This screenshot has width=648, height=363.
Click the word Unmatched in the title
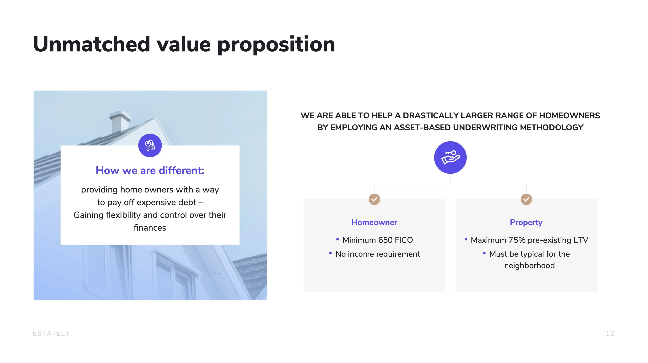[x=92, y=44]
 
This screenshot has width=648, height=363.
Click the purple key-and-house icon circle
[x=150, y=145]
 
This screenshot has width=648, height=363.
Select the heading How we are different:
[x=150, y=171]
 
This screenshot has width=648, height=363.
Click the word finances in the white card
[x=150, y=228]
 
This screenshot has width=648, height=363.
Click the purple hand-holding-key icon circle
[x=450, y=157]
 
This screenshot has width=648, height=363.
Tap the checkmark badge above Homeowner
[x=374, y=199]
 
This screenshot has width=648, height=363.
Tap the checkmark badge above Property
[x=526, y=199]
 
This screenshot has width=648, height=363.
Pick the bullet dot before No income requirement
[x=330, y=253]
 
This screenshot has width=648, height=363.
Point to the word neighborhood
[x=530, y=266]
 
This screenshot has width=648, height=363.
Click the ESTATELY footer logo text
[x=51, y=333]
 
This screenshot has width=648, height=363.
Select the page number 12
[x=610, y=333]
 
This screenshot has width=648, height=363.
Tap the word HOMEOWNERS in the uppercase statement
[x=570, y=115]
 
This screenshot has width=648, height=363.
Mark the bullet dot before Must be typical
[x=484, y=253]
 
